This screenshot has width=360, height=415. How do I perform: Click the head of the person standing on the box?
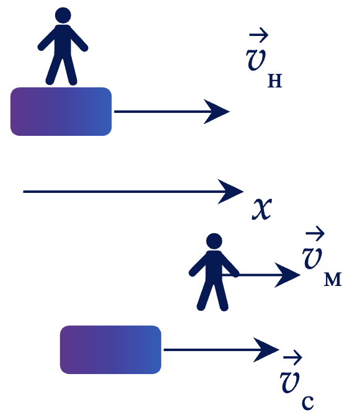click(x=63, y=16)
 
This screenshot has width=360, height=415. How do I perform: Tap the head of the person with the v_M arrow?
click(x=214, y=241)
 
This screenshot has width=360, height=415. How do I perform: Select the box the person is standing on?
click(x=61, y=112)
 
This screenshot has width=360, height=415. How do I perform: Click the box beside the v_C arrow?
click(x=110, y=350)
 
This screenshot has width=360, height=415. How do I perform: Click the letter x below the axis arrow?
click(x=261, y=209)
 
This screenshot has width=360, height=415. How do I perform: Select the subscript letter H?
click(x=275, y=81)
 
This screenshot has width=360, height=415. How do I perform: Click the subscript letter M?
click(x=333, y=280)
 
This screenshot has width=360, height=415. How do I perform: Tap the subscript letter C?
click(x=308, y=403)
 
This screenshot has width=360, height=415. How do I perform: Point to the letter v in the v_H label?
click(x=255, y=60)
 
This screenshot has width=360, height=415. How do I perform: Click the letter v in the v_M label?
click(x=312, y=258)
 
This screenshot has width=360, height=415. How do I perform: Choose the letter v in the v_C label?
click(x=290, y=382)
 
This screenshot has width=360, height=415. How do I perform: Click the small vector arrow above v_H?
click(x=259, y=35)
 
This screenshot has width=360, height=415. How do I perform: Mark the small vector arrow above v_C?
click(x=292, y=357)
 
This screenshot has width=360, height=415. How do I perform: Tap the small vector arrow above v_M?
click(x=315, y=233)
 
